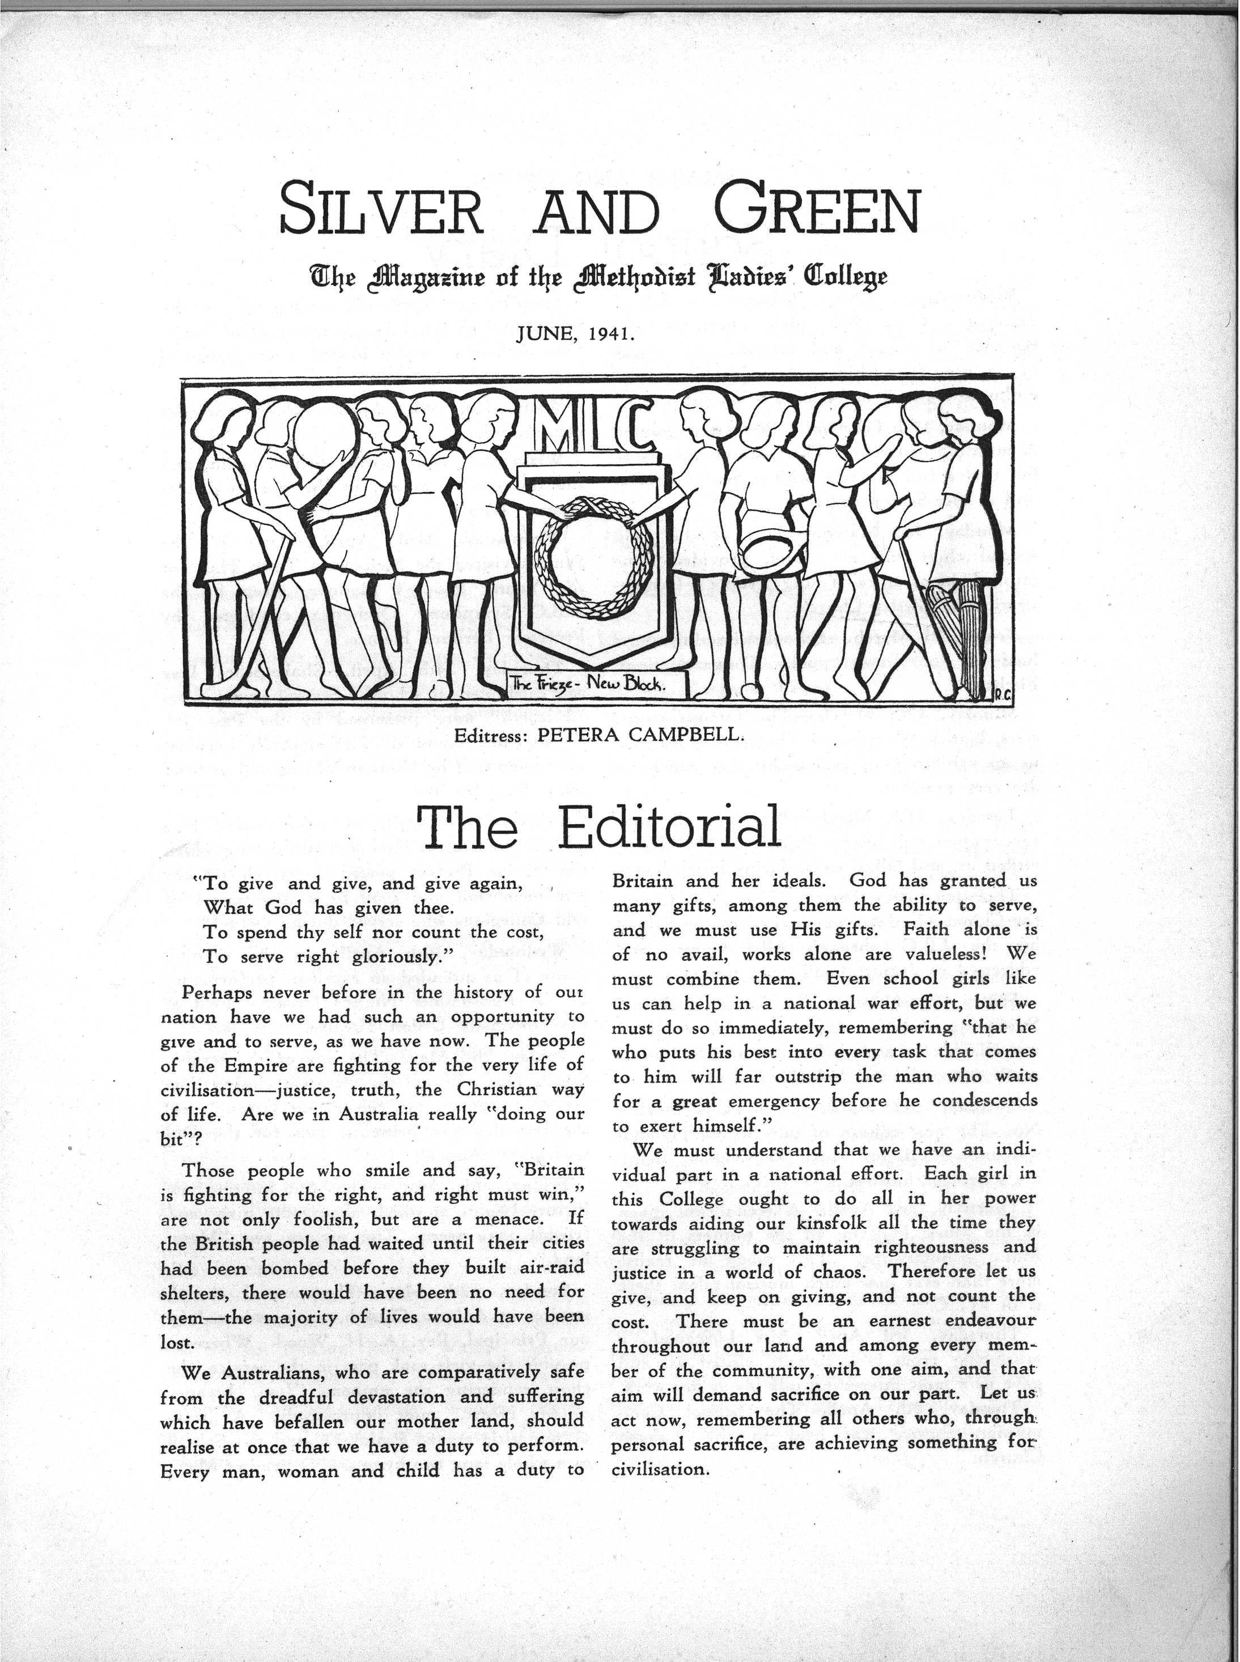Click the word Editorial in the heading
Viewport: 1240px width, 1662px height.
[669, 827]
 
